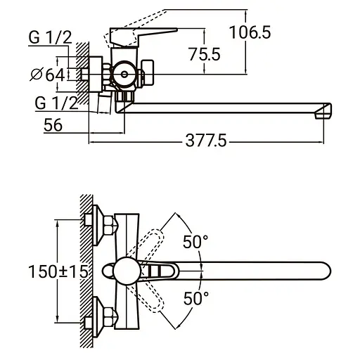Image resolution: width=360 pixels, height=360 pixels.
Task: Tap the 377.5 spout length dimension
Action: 205,141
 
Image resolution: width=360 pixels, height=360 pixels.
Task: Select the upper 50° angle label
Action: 195,242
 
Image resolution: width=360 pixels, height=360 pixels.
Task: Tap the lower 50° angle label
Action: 195,298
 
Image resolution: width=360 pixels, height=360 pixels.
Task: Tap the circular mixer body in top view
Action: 127,271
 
